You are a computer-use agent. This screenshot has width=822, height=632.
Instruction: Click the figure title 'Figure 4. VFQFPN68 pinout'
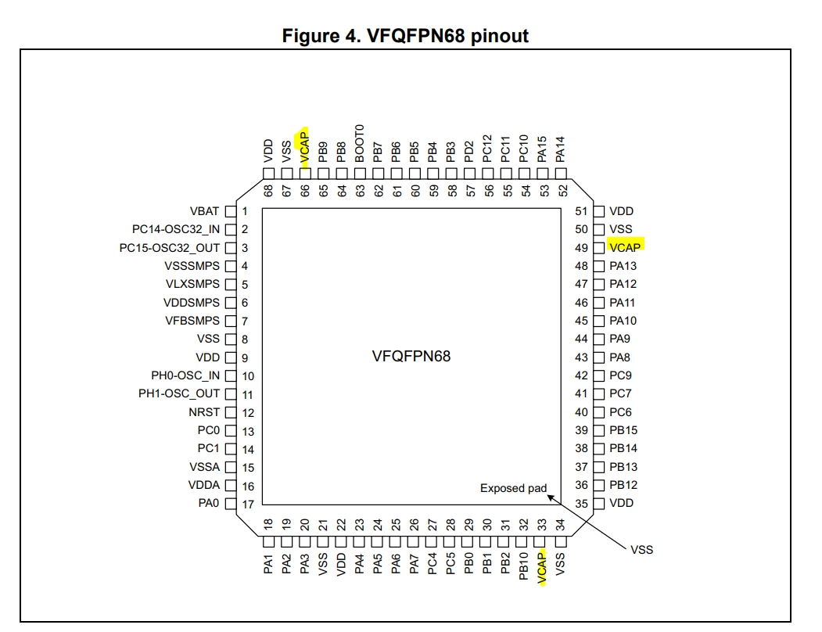pyautogui.click(x=405, y=36)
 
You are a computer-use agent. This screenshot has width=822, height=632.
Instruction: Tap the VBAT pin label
pyautogui.click(x=204, y=211)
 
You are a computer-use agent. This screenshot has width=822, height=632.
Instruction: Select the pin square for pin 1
pyautogui.click(x=231, y=211)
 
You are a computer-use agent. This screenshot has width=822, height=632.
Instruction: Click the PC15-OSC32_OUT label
pyautogui.click(x=170, y=248)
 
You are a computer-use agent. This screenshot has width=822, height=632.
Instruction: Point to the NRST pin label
pyautogui.click(x=204, y=412)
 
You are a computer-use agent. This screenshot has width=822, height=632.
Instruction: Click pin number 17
pyautogui.click(x=248, y=504)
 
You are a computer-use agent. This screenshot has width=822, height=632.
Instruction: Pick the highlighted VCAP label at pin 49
pyautogui.click(x=625, y=247)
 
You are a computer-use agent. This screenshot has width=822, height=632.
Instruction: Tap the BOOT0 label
pyautogui.click(x=360, y=143)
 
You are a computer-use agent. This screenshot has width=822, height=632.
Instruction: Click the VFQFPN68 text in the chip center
pyautogui.click(x=411, y=356)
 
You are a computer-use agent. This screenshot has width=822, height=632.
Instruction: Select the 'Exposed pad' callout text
pyautogui.click(x=513, y=488)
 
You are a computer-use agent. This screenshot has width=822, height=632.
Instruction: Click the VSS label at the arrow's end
pyautogui.click(x=641, y=550)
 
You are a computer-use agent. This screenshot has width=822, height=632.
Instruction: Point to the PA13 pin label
pyautogui.click(x=623, y=266)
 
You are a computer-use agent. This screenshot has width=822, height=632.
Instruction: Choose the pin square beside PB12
pyautogui.click(x=598, y=485)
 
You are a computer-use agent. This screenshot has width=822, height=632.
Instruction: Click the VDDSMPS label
pyautogui.click(x=192, y=303)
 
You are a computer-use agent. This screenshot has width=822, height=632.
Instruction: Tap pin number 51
pyautogui.click(x=581, y=211)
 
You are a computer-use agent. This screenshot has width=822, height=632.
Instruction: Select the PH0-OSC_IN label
pyautogui.click(x=185, y=375)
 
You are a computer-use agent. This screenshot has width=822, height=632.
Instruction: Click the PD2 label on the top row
pyautogui.click(x=469, y=152)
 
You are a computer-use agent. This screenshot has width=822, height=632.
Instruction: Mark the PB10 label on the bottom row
pyautogui.click(x=523, y=566)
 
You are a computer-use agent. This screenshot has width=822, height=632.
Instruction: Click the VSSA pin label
pyautogui.click(x=204, y=467)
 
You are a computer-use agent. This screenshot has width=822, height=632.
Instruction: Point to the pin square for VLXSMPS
pyautogui.click(x=231, y=284)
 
